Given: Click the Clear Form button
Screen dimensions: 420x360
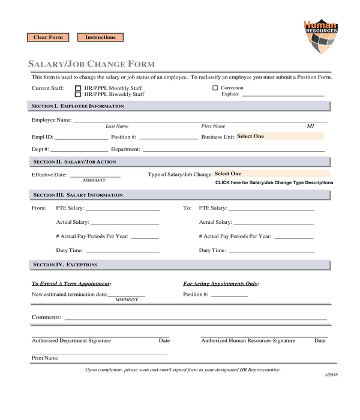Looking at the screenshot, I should pyautogui.click(x=48, y=37).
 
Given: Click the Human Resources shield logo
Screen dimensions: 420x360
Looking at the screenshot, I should pyautogui.click(x=320, y=37).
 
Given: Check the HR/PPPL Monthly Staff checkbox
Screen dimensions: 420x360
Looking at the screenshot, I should pyautogui.click(x=78, y=88).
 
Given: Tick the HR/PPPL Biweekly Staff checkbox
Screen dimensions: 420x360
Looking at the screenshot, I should pyautogui.click(x=78, y=94).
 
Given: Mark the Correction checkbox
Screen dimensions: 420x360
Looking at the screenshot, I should pyautogui.click(x=215, y=88).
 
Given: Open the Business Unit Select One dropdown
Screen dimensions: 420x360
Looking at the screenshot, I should pyautogui.click(x=279, y=136).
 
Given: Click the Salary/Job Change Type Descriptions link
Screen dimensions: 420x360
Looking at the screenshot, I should pyautogui.click(x=274, y=182).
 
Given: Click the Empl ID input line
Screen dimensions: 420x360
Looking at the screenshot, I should pyautogui.click(x=81, y=137).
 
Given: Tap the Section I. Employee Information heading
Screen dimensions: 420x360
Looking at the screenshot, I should pyautogui.click(x=78, y=106).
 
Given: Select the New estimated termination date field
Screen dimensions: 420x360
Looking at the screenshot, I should pyautogui.click(x=126, y=295).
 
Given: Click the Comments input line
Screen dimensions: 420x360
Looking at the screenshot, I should pyautogui.click(x=195, y=318).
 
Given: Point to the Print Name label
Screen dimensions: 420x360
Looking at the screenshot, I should pyautogui.click(x=45, y=358).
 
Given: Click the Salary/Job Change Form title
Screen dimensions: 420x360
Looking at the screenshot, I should pyautogui.click(x=92, y=64).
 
